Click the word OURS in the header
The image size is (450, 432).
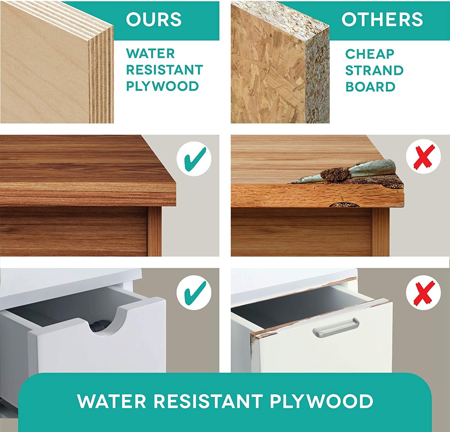(154, 19)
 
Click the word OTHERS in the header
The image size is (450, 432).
(382, 19)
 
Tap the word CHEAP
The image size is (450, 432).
(370, 54)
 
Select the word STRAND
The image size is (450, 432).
(374, 70)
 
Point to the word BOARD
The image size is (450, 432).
(370, 87)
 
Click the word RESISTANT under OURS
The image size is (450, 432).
(164, 70)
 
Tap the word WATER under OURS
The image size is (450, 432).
(150, 54)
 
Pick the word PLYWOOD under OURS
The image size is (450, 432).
(162, 86)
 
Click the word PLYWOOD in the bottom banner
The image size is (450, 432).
(321, 401)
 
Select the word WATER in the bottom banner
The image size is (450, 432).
(112, 401)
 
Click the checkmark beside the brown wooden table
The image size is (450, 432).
(194, 159)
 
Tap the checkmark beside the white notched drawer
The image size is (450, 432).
(194, 293)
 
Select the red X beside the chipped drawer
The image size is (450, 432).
(423, 292)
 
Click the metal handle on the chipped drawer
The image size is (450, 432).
(336, 327)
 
